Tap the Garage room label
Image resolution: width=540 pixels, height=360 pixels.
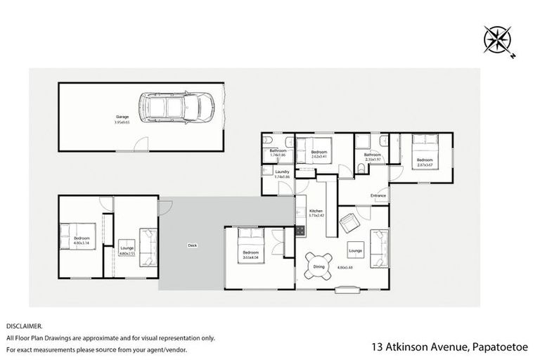coord(121,117)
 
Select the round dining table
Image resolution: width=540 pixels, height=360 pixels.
coord(319,266)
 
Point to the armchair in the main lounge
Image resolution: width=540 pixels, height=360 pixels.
coord(349,224)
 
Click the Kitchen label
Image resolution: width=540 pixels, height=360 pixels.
coord(316,210)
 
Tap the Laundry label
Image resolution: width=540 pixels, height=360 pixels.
coord(283,172)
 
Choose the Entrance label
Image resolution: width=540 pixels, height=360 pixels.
coord(378,195)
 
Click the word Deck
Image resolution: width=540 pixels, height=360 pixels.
coord(191,245)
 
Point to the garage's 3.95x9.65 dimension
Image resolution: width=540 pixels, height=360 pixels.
coord(122,122)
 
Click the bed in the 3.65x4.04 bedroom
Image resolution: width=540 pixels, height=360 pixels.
coord(250,240)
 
